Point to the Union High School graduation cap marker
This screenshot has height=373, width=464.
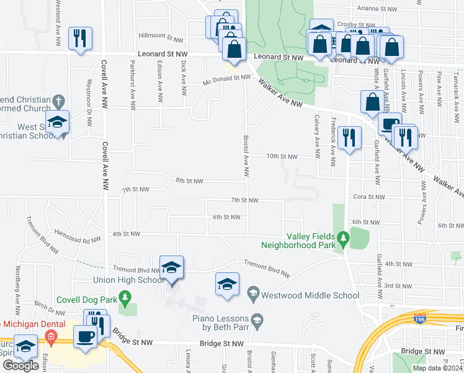click(171, 266)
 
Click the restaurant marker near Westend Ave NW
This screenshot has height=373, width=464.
click(80, 37)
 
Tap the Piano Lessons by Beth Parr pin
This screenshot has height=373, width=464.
click(258, 320)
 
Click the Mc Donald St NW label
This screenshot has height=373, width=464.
click(227, 79)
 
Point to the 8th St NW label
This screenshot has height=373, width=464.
click(189, 180)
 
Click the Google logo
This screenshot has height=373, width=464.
click(20, 366)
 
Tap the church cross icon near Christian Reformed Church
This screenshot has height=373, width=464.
click(59, 101)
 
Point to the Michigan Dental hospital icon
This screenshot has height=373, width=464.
click(50, 339)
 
